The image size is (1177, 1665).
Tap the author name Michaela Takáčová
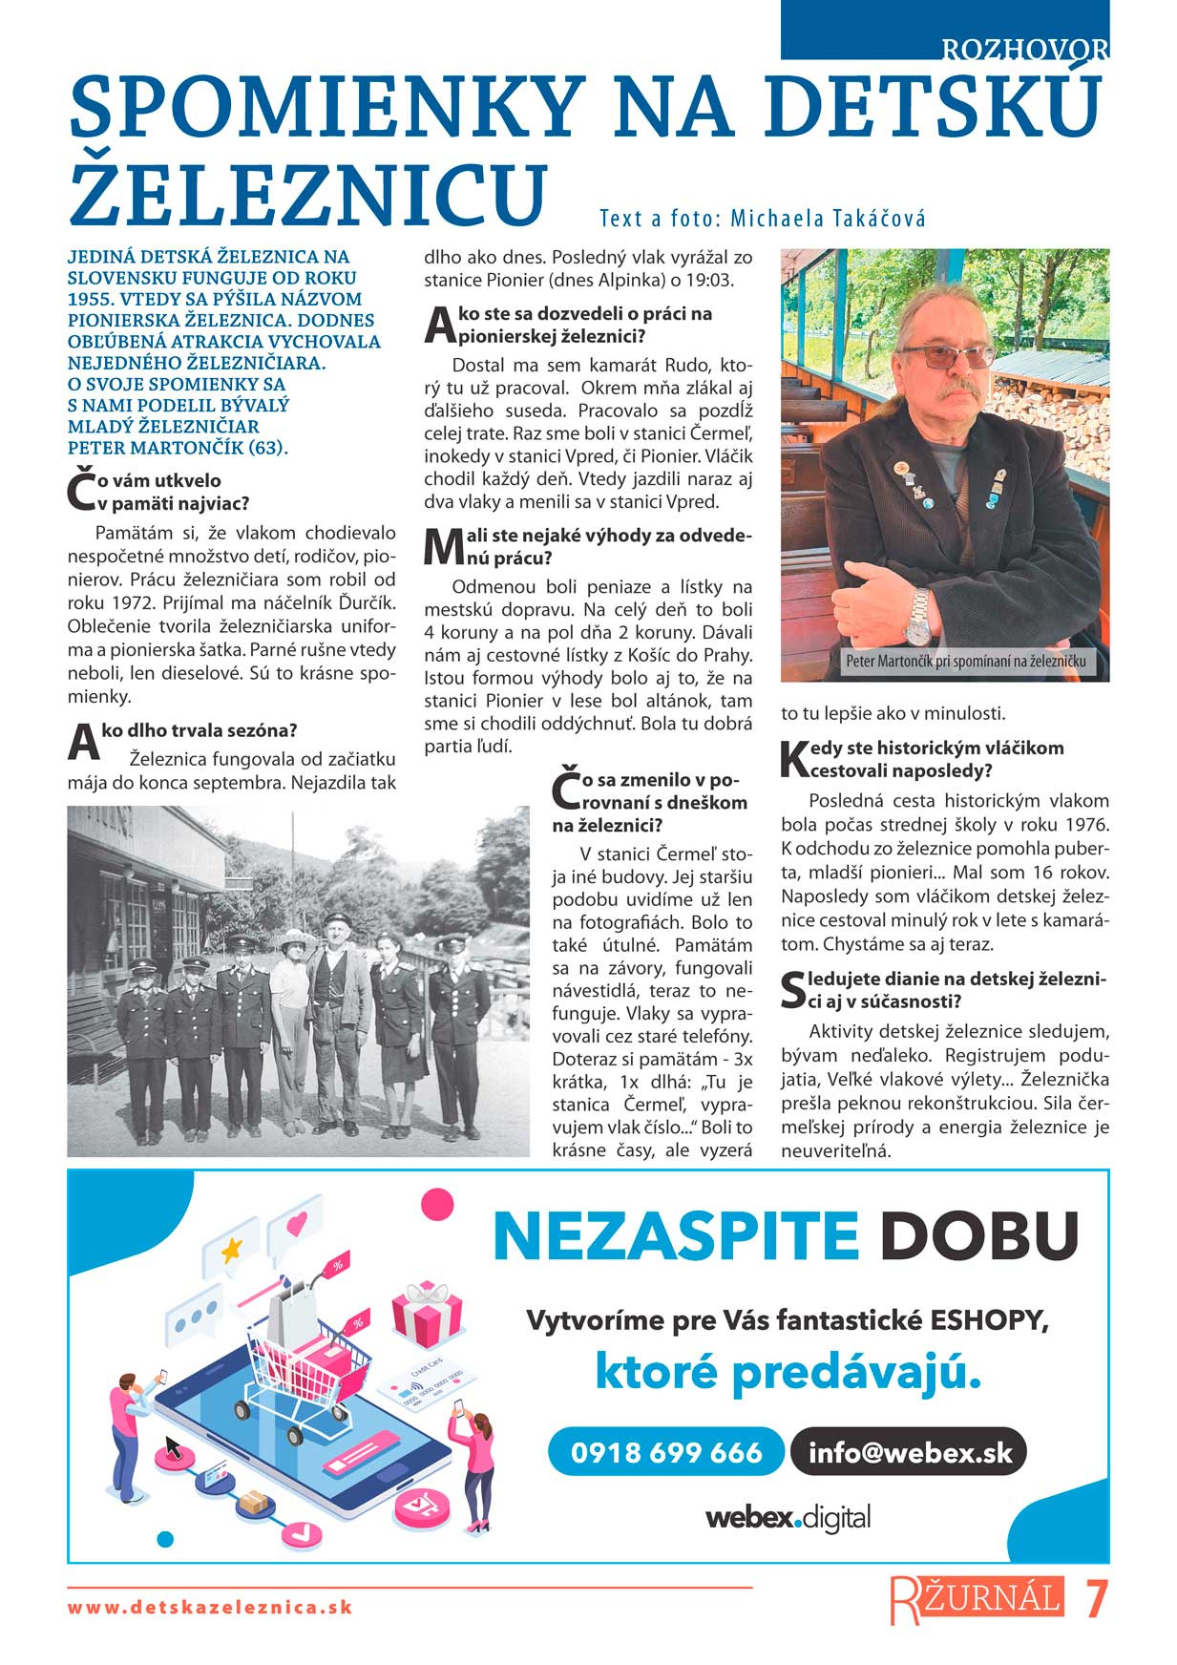[x=828, y=219]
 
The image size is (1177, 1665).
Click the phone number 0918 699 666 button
[x=666, y=1452]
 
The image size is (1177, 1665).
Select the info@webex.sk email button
[x=909, y=1452]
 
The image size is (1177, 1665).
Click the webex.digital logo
[x=788, y=1517]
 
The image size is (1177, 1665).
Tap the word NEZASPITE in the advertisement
[x=676, y=1235]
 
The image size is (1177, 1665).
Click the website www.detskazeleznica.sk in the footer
[x=210, y=1607]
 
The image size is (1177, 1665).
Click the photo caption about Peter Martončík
[x=965, y=661]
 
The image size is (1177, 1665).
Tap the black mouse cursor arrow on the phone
[x=174, y=1447]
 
